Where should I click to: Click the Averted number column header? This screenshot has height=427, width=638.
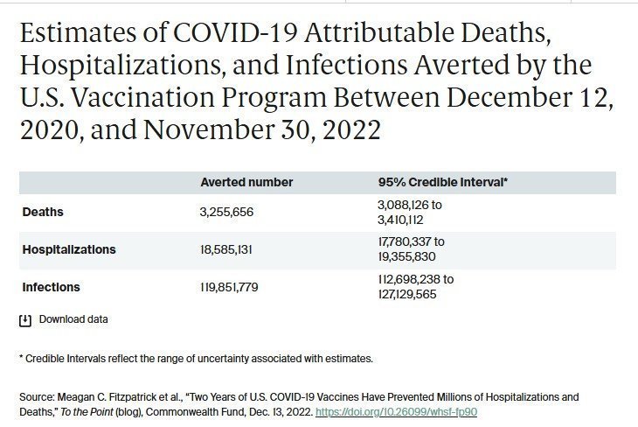[246, 182]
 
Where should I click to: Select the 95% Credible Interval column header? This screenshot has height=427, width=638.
[443, 182]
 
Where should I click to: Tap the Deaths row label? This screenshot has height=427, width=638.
[43, 212]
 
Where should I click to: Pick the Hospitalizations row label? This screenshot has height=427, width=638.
[69, 249]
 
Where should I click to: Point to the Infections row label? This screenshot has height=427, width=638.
[51, 287]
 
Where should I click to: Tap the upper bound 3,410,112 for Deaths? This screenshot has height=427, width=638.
[400, 220]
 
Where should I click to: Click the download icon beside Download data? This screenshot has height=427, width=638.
[25, 320]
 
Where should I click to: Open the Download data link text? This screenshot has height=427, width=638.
[73, 319]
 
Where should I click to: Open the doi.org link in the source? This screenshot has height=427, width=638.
[396, 411]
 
